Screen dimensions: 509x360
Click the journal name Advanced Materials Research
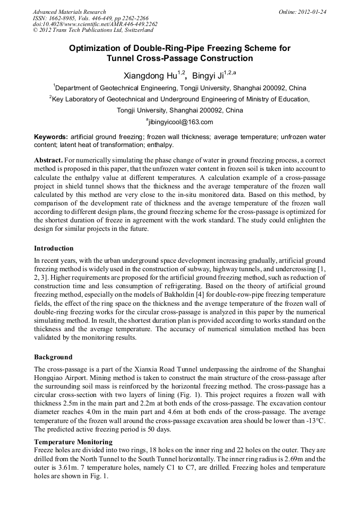[x=69, y=12]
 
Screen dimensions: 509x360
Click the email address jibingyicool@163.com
[x=181, y=122]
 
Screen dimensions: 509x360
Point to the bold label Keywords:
[x=51, y=137]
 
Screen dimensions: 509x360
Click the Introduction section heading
[x=54, y=248]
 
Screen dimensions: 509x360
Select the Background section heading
[x=53, y=357]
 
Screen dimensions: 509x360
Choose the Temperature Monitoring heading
[x=73, y=442]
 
